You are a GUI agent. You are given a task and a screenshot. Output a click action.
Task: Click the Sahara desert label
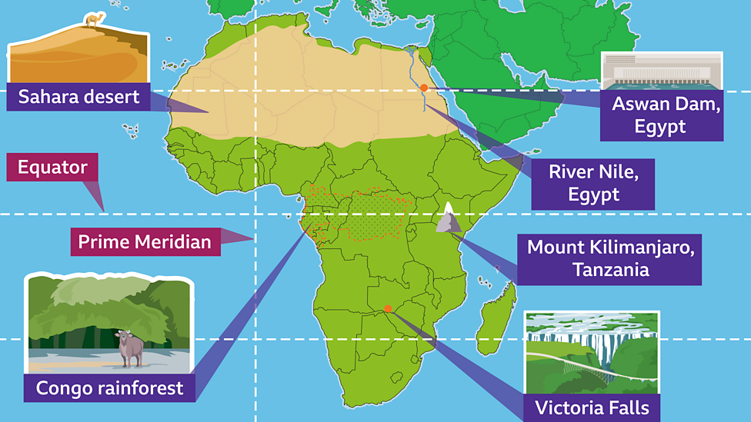(x=78, y=97)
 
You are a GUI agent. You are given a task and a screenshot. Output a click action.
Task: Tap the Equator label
(x=53, y=167)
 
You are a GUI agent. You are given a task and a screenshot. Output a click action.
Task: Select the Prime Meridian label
(x=145, y=242)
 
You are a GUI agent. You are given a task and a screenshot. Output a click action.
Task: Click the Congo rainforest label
(x=109, y=387)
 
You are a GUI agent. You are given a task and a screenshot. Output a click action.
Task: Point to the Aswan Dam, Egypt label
(x=666, y=115)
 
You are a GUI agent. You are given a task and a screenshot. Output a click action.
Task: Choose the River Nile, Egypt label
(x=593, y=183)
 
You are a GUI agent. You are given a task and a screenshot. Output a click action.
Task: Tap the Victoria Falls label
(x=592, y=407)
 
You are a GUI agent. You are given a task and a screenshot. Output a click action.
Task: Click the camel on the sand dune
(x=93, y=20)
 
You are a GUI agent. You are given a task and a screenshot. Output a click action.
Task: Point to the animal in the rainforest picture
(x=130, y=348)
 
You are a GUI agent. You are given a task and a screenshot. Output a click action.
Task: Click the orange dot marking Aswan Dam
(x=423, y=88)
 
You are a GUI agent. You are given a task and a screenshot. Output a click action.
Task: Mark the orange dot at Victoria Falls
(x=388, y=309)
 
